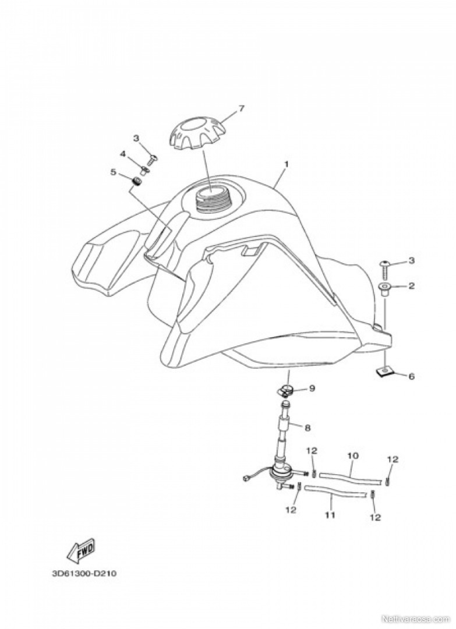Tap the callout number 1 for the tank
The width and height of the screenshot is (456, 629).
click(x=287, y=164)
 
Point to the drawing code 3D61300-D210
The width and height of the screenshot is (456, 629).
click(x=84, y=573)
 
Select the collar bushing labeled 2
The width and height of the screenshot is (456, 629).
click(x=384, y=289)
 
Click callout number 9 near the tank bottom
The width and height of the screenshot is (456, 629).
click(x=312, y=388)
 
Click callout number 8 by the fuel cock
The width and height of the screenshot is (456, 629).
click(x=307, y=428)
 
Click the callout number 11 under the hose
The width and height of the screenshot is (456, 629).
click(x=330, y=515)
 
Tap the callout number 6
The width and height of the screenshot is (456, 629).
click(x=412, y=376)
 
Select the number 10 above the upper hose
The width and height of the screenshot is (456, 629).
click(x=353, y=456)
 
